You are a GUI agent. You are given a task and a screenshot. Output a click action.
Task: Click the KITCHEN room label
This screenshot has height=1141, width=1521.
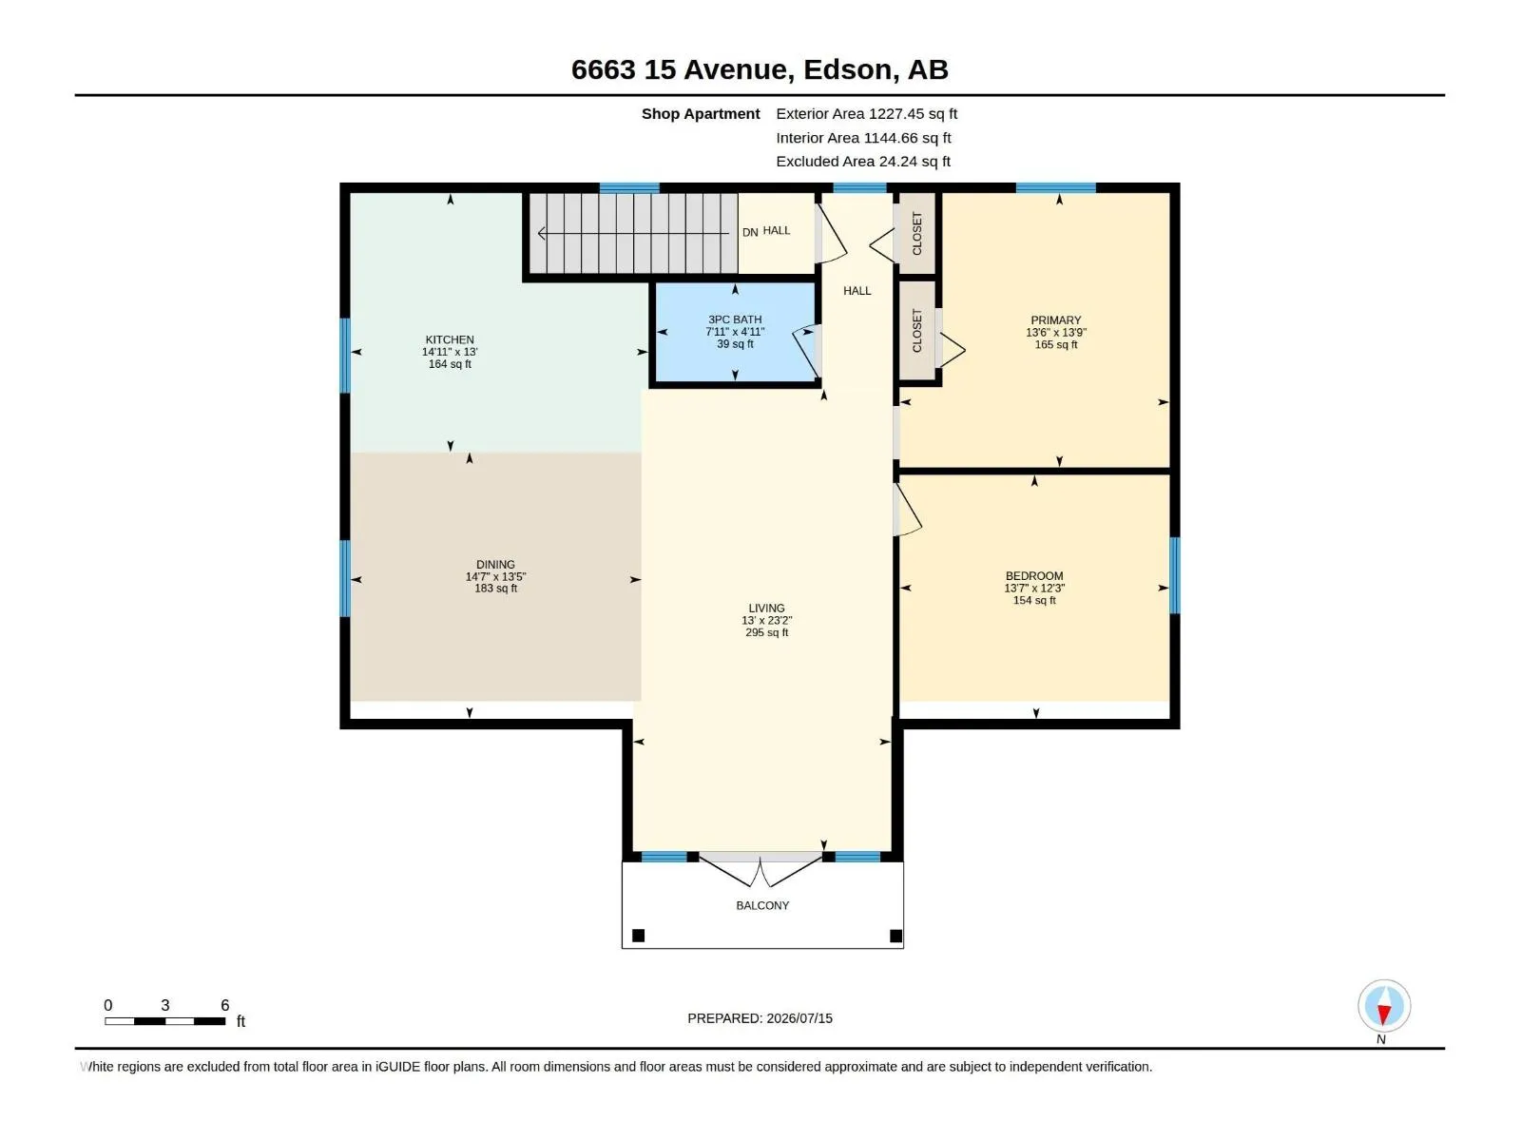pos(449,339)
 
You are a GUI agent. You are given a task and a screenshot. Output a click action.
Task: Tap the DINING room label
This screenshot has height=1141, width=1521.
pos(495,564)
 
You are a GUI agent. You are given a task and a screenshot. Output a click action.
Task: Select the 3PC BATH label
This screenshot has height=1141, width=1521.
pos(735,319)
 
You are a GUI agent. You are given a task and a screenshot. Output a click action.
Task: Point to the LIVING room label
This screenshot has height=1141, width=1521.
pos(766,608)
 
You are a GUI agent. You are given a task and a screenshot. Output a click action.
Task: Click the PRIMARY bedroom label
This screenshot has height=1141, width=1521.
pos(1055,320)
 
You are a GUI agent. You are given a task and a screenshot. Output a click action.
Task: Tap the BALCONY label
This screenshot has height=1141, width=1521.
pos(762,905)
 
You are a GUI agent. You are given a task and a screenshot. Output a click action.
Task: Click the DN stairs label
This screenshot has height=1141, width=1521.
pos(750,232)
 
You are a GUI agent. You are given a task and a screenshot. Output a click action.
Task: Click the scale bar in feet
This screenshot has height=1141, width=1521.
pos(164,1020)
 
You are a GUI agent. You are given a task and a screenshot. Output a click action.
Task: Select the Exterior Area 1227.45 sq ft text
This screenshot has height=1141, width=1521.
pos(866,113)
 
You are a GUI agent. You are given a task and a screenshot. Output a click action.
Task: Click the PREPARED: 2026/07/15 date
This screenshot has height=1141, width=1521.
pos(760,1017)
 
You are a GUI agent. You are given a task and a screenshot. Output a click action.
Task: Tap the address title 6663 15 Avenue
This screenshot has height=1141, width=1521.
pos(679,69)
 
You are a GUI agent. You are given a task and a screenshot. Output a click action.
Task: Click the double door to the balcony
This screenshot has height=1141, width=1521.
pos(760,869)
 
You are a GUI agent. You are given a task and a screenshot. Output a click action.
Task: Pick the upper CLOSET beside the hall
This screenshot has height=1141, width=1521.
pos(916,233)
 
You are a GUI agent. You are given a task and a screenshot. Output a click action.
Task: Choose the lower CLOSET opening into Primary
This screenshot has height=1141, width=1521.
pos(916,331)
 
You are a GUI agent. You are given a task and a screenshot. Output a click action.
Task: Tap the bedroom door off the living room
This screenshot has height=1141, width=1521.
pos(906,510)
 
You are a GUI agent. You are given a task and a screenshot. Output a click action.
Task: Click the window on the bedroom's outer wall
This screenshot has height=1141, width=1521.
pos(1174,575)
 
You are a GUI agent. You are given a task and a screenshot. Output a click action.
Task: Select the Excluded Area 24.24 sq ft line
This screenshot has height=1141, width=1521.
pos(863,162)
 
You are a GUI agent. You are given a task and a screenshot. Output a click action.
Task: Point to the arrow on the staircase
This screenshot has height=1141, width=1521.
pos(633,234)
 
